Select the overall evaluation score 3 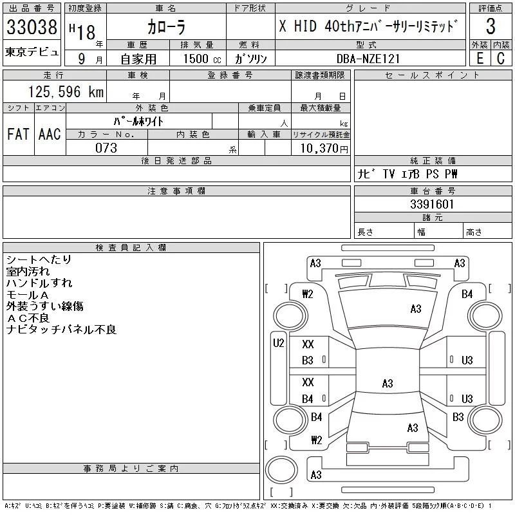[491, 26]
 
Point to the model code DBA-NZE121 [368, 59]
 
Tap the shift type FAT [17, 134]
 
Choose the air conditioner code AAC [49, 134]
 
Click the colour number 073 [106, 148]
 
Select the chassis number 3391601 [432, 205]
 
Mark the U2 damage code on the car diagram [279, 343]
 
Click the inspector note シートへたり [39, 260]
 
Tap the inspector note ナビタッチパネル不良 [61, 330]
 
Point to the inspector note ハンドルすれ [39, 283]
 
